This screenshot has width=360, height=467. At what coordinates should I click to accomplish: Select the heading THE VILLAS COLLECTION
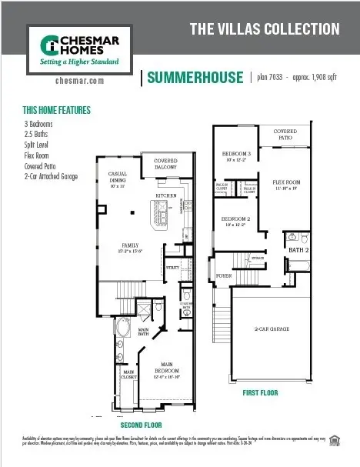point(265,29)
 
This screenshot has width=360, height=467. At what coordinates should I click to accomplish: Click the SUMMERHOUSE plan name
point(192,77)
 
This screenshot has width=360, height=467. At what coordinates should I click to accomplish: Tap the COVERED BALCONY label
point(166,163)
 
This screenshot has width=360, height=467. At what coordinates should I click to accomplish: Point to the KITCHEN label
point(167,196)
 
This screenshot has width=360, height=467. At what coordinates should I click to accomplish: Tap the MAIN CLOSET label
point(129,374)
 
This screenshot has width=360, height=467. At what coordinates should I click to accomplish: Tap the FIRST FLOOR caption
point(260,392)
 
